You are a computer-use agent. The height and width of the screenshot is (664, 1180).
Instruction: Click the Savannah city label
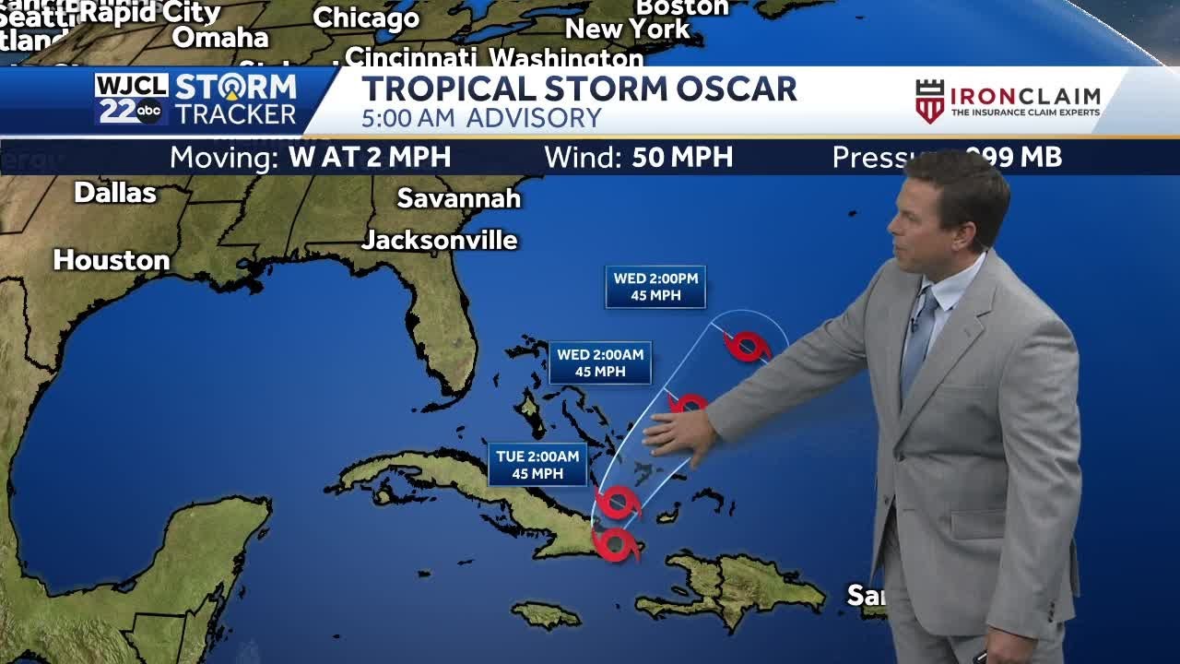(458, 198)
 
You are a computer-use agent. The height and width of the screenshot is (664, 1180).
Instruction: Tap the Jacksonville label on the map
(439, 241)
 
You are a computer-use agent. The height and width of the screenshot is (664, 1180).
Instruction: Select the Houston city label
(111, 261)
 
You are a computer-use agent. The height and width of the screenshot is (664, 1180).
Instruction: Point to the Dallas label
(115, 193)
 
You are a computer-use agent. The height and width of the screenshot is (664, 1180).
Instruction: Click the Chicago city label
(366, 18)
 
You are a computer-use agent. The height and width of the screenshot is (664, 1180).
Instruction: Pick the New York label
(627, 30)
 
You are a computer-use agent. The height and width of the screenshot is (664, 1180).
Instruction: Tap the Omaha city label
(220, 38)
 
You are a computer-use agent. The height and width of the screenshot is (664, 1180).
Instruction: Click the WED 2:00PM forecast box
(655, 287)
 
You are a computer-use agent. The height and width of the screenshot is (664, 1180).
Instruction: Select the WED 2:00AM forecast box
(600, 362)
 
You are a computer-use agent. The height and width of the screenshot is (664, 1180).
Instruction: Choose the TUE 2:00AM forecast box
(537, 465)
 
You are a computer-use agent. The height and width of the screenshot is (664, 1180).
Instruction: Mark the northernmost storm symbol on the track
(747, 346)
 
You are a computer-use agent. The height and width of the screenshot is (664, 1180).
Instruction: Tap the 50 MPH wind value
(682, 158)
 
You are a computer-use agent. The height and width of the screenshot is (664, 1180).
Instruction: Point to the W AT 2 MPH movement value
(370, 158)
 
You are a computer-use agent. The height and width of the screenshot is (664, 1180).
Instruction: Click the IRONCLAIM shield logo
(929, 101)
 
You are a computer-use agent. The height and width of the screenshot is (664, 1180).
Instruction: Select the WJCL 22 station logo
(131, 99)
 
